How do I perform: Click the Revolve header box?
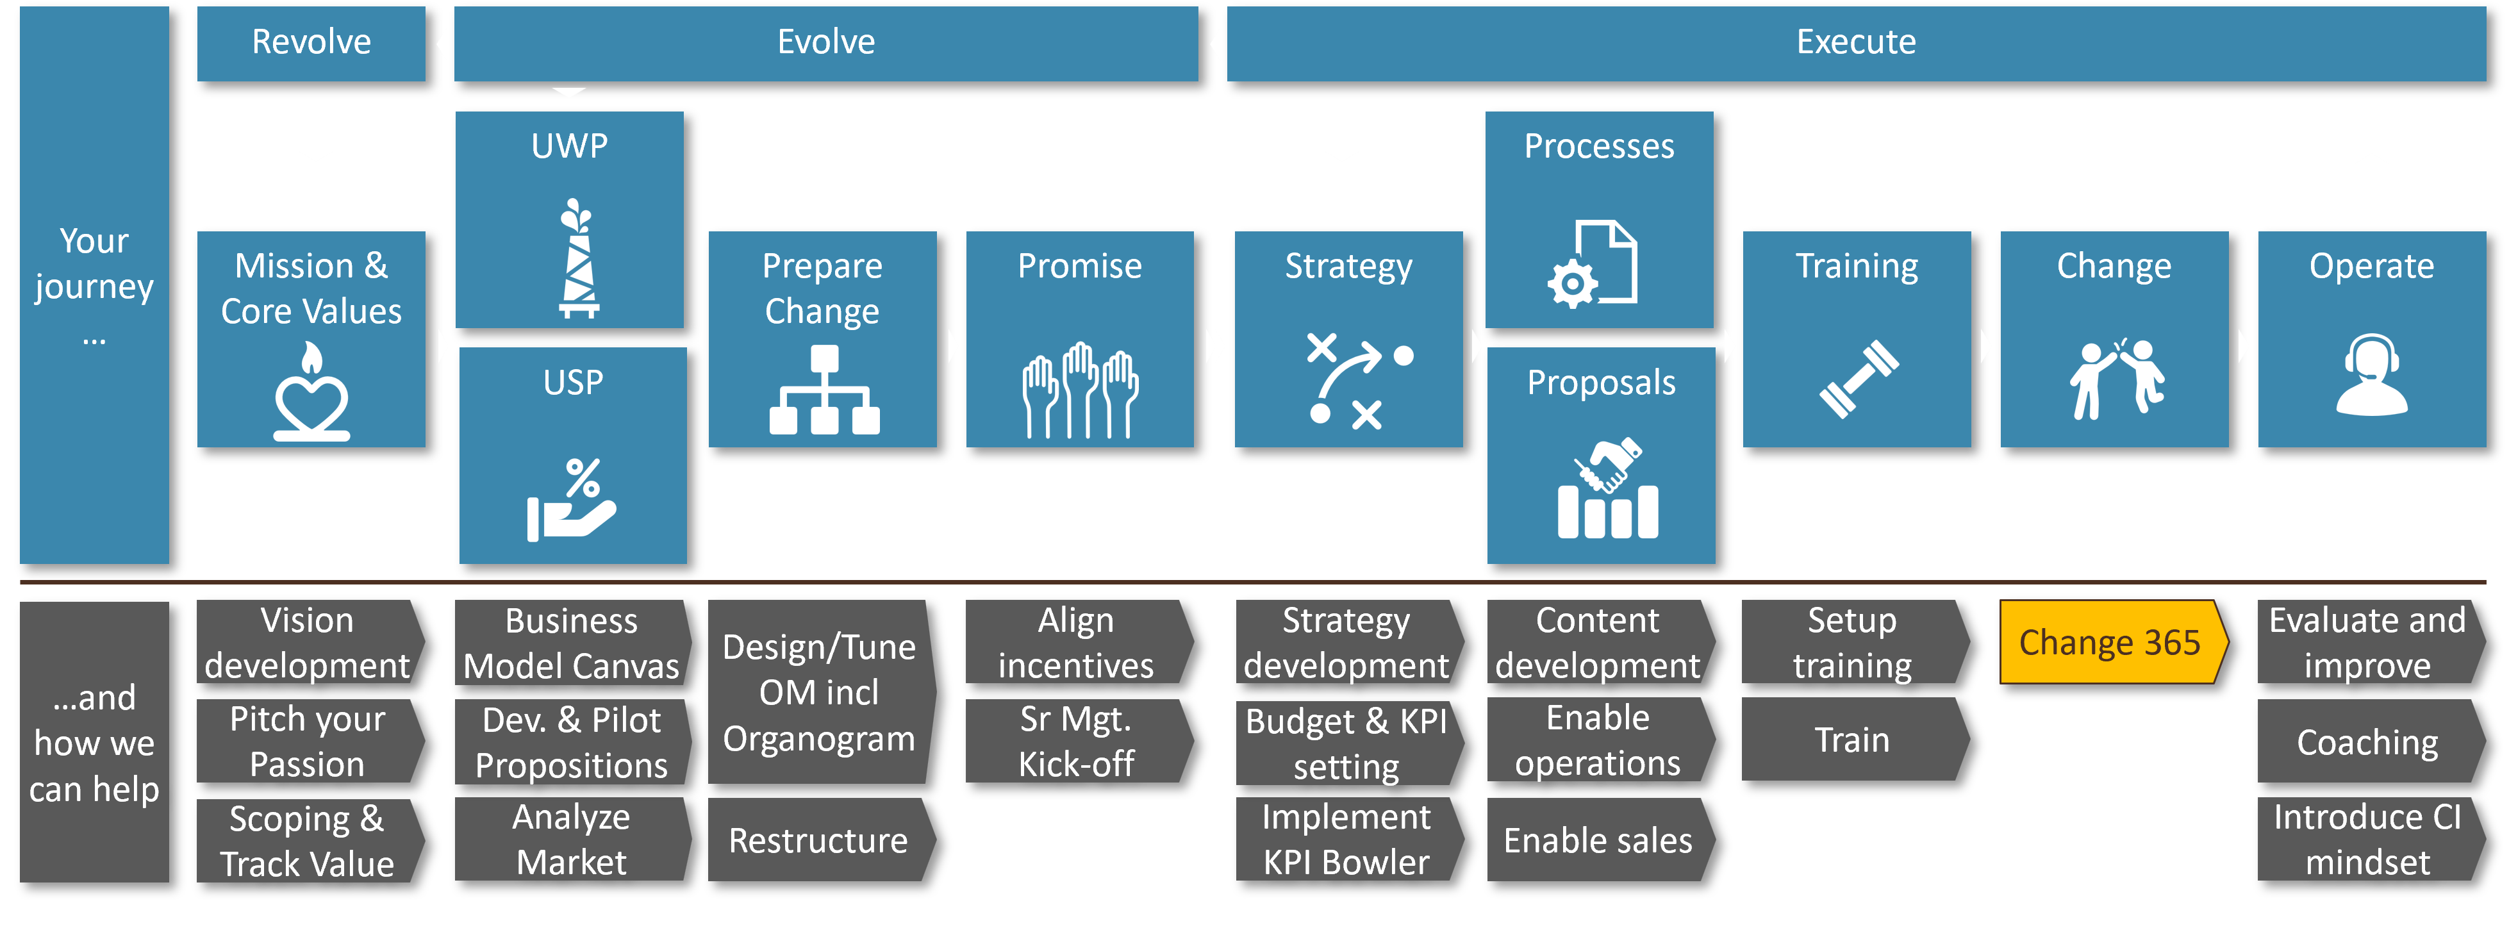pos(311,43)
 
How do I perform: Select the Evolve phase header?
pos(826,43)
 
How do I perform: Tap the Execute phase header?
pos(1855,43)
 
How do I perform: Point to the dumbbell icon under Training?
pos(1858,379)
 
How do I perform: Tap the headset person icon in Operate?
pos(2371,376)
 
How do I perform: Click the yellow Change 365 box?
pos(2112,642)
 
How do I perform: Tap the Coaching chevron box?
pos(2367,742)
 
